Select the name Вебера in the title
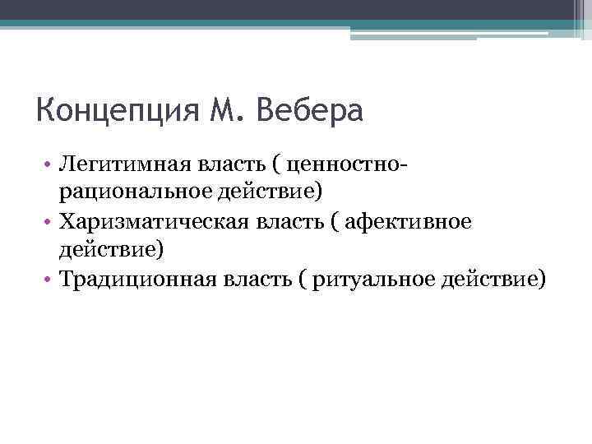(309, 109)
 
